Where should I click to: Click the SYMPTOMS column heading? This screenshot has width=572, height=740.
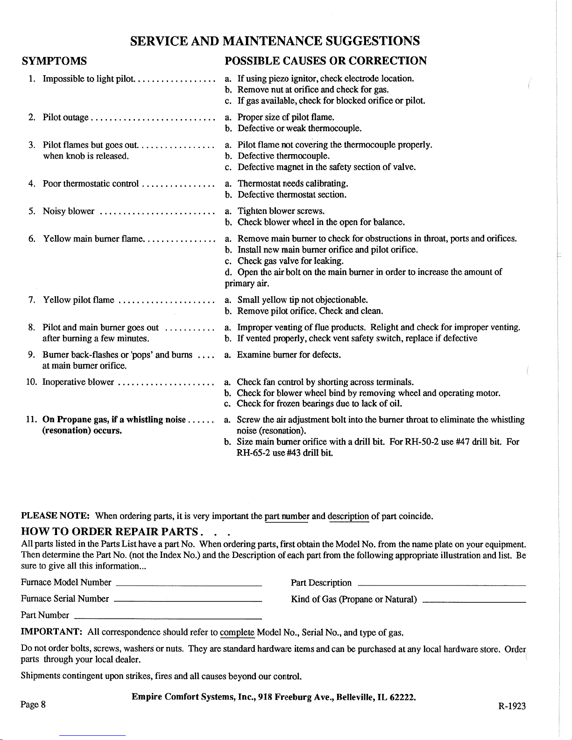54,61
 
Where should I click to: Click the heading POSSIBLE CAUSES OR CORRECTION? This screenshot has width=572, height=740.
325,61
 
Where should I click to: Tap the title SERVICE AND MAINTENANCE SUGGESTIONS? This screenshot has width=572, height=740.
275,41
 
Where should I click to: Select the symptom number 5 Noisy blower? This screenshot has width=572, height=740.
69,211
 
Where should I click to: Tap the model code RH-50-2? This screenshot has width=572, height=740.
421,442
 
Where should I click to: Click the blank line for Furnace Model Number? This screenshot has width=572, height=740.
188,585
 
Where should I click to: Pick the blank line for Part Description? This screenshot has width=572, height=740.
441,585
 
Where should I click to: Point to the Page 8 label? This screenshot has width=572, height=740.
33,705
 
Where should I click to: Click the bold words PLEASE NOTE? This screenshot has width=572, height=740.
56,516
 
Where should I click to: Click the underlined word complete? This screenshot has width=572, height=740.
237,633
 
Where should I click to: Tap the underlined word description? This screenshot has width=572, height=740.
348,516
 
